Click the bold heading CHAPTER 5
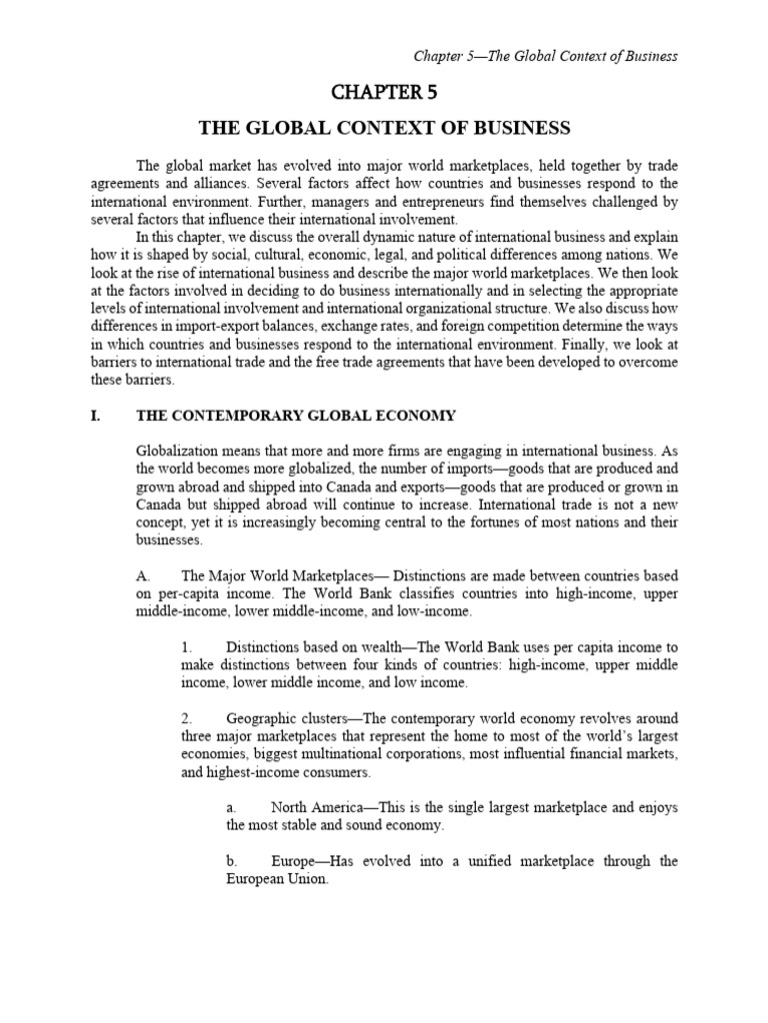click(384, 93)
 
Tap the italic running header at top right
click(544, 56)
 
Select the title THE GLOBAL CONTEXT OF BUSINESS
click(384, 128)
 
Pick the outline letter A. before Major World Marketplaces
click(141, 575)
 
